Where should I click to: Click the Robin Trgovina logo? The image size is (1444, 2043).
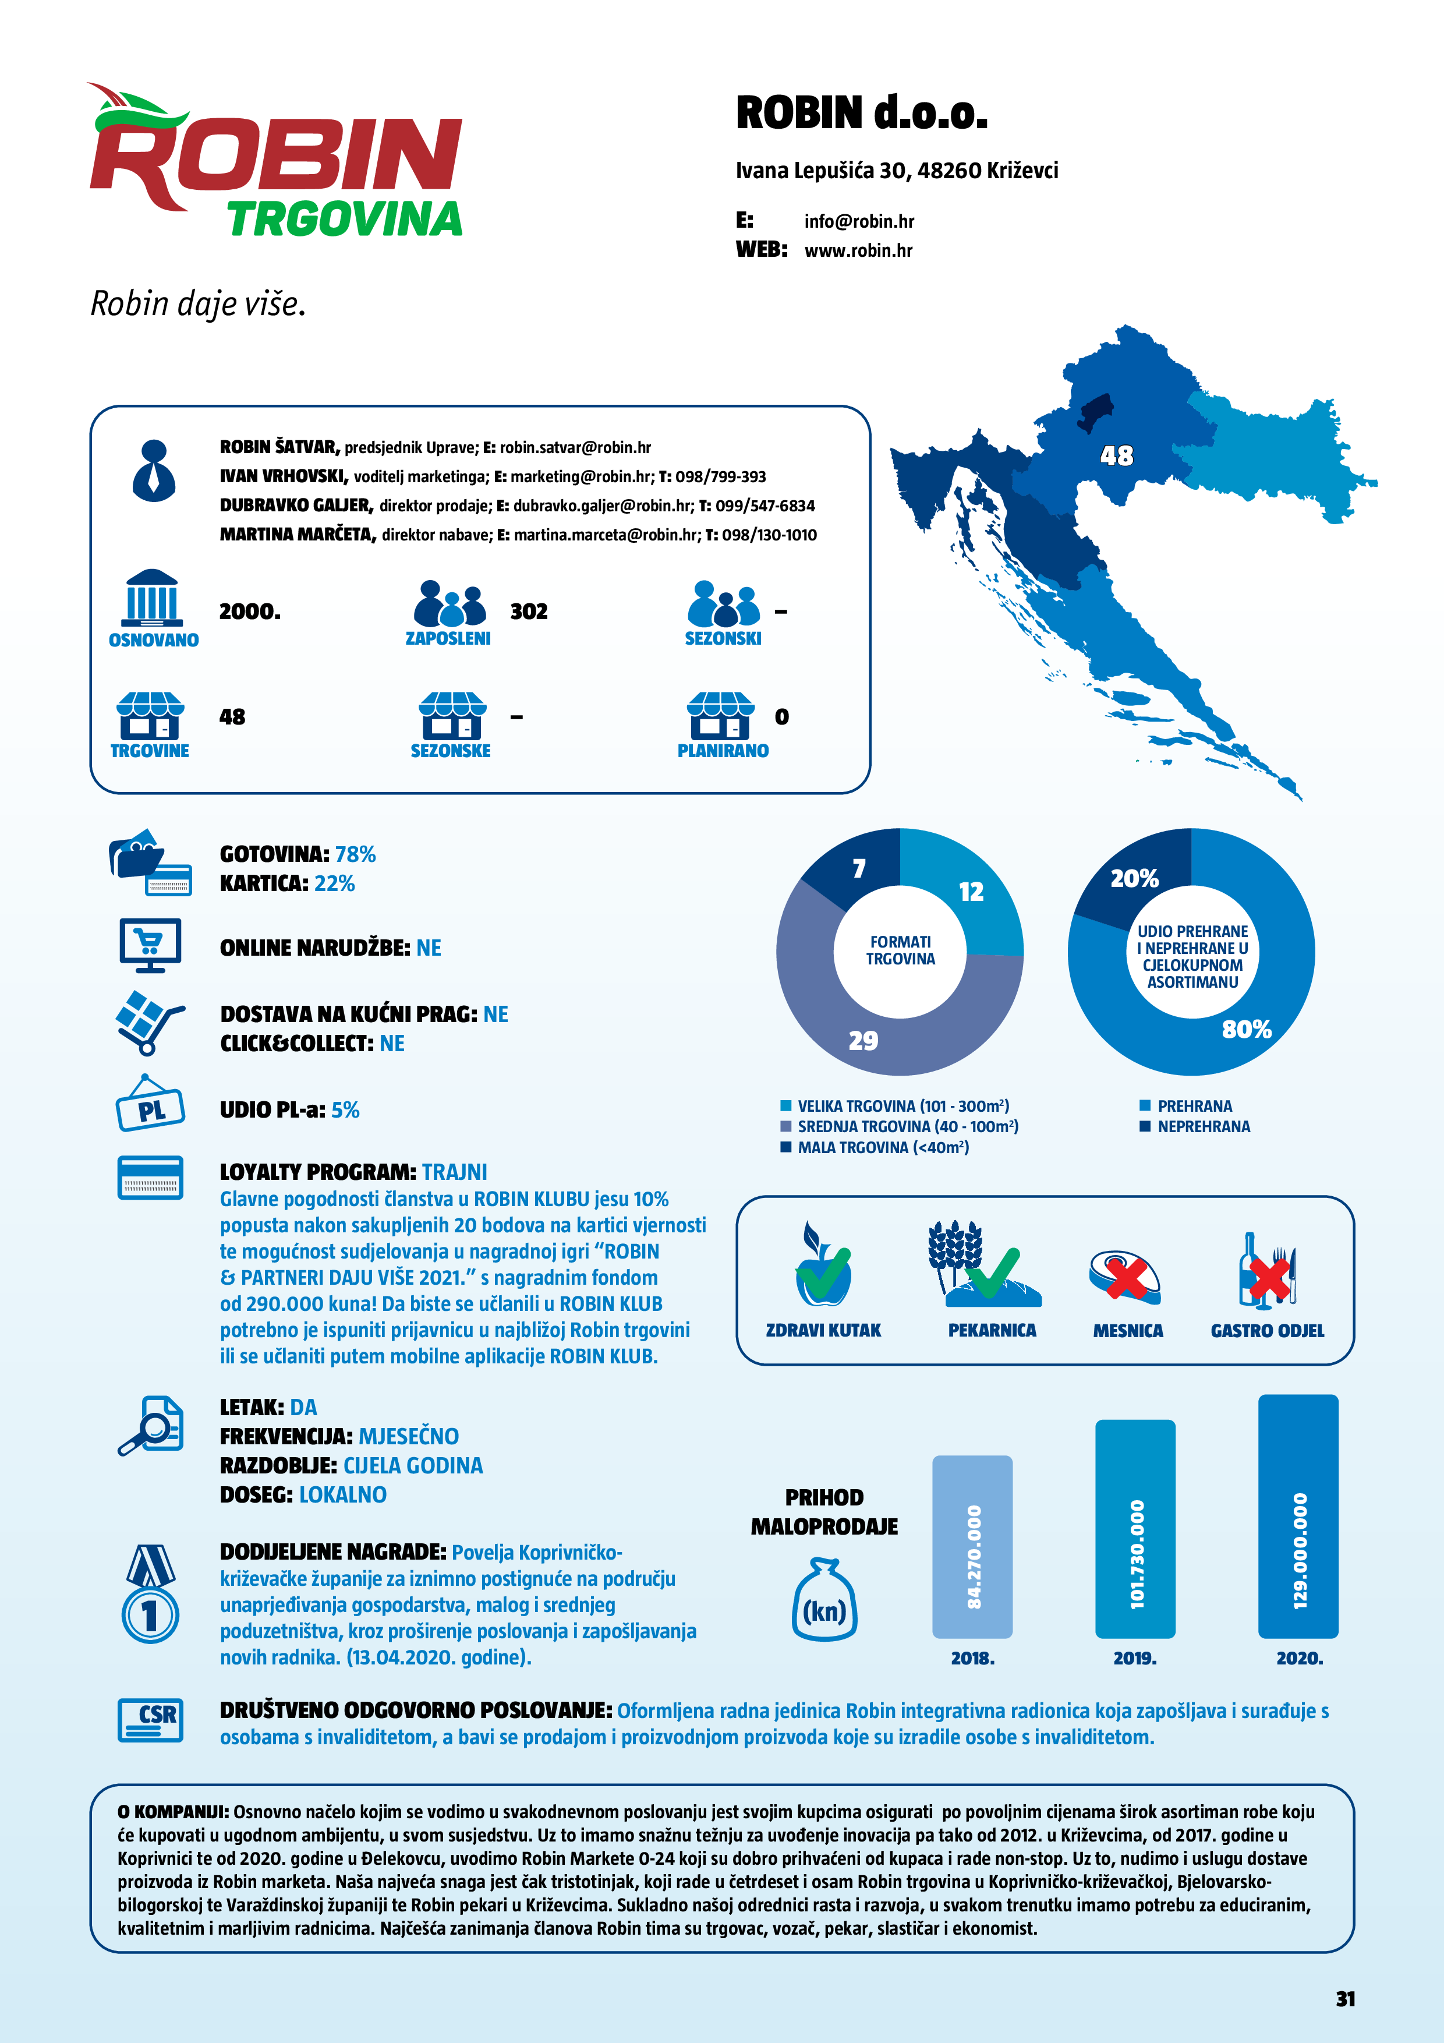(276, 165)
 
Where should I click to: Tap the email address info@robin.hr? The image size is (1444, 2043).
(859, 221)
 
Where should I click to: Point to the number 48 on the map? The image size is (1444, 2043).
(1117, 455)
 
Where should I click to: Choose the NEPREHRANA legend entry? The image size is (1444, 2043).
(1203, 1126)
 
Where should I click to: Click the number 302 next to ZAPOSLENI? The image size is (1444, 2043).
(529, 612)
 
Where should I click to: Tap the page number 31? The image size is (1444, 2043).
(1345, 1999)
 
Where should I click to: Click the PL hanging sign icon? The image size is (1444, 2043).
(150, 1108)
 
